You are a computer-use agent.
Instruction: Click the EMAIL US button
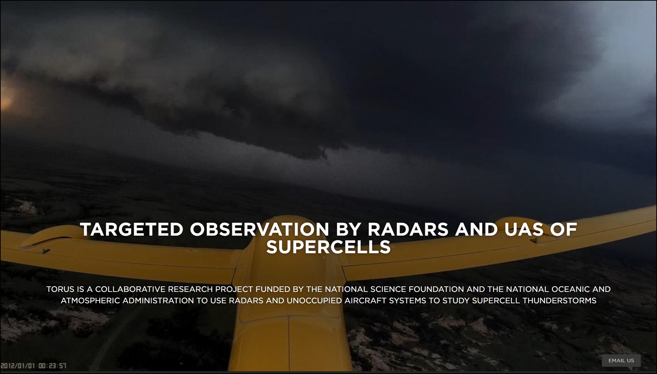621,361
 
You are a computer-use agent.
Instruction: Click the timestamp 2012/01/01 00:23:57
33,366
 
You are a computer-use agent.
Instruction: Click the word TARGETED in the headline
132,230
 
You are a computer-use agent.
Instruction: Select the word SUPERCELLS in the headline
329,247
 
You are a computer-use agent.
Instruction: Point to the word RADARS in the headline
408,230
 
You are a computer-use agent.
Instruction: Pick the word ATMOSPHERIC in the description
91,301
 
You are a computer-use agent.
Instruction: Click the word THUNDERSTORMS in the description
560,301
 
